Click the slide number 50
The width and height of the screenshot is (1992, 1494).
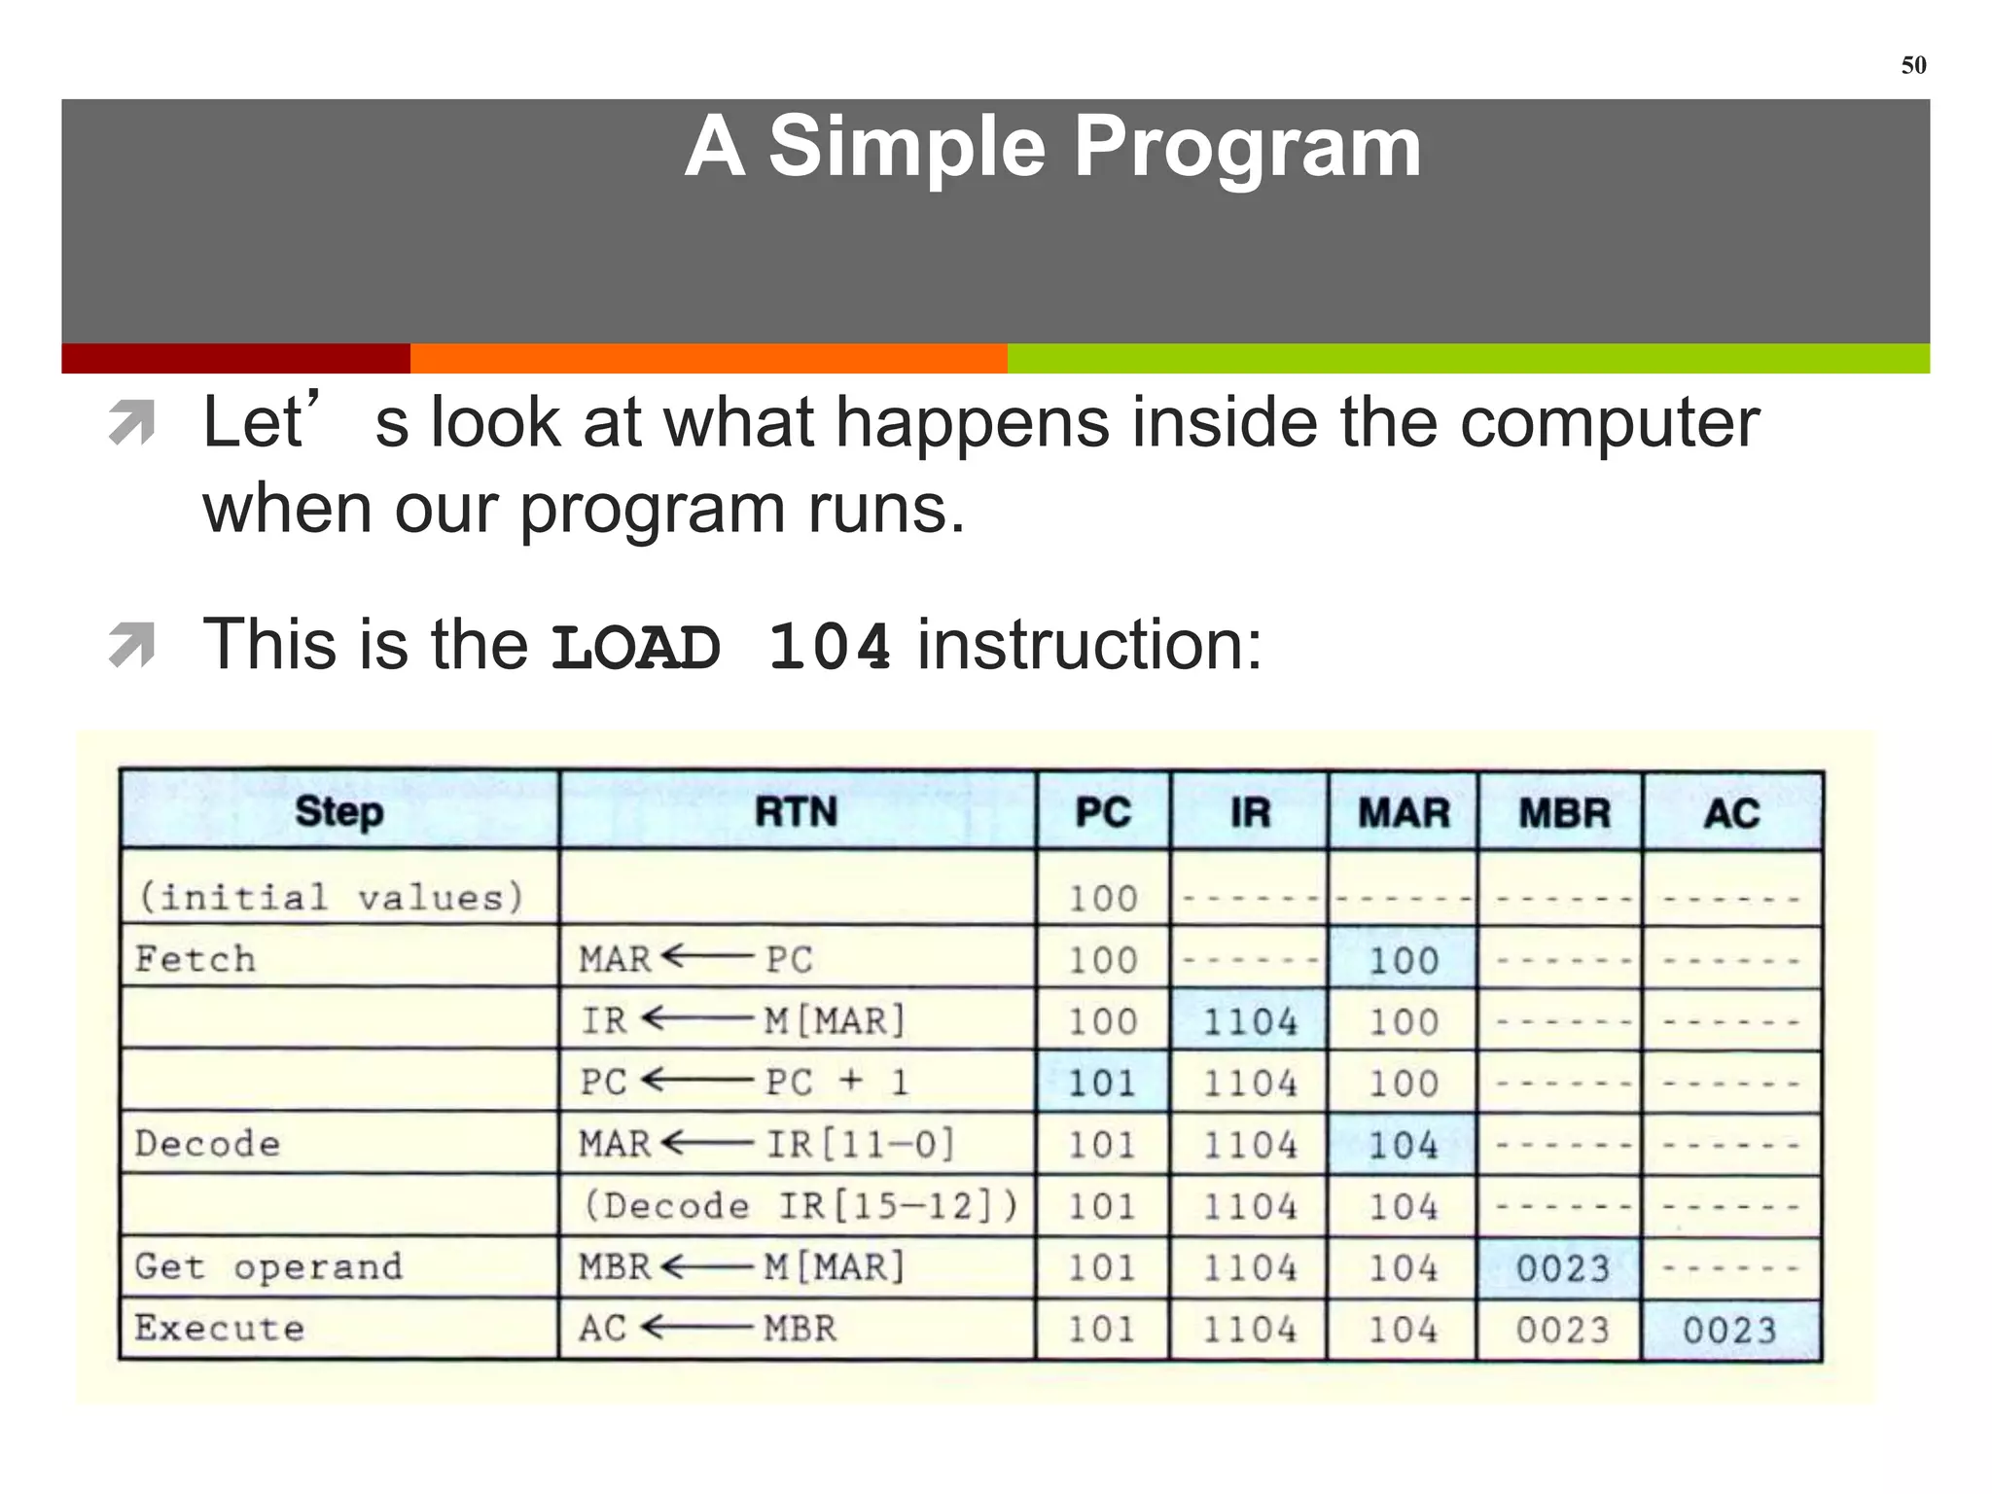click(x=1913, y=65)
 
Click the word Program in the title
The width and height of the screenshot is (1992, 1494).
click(x=1247, y=147)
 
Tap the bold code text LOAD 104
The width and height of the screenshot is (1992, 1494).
click(x=721, y=647)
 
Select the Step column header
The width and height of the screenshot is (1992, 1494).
click(x=338, y=811)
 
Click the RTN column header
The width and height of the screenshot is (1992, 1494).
click(x=796, y=811)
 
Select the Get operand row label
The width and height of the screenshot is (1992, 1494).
click(x=268, y=1266)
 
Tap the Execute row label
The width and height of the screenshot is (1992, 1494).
click(x=220, y=1329)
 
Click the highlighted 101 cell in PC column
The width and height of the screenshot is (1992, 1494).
click(x=1102, y=1083)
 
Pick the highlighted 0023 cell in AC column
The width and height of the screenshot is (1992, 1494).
click(x=1729, y=1330)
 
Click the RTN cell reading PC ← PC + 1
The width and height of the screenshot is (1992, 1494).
click(x=745, y=1082)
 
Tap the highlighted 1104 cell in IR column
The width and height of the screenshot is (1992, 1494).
click(x=1250, y=1021)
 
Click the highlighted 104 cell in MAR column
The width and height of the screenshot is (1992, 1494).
click(x=1403, y=1145)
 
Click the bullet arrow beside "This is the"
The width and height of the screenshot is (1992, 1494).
click(x=132, y=646)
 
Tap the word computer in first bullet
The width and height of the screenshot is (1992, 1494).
click(x=1609, y=423)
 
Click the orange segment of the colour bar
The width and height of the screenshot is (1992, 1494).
click(x=708, y=358)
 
